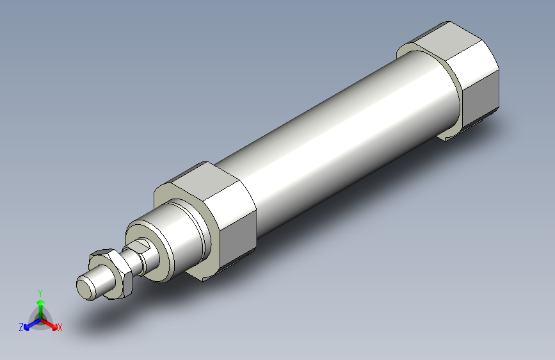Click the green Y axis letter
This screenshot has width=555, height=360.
(x=40, y=291)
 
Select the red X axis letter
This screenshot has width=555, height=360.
(x=60, y=327)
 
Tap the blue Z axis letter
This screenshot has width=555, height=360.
(x=21, y=327)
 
